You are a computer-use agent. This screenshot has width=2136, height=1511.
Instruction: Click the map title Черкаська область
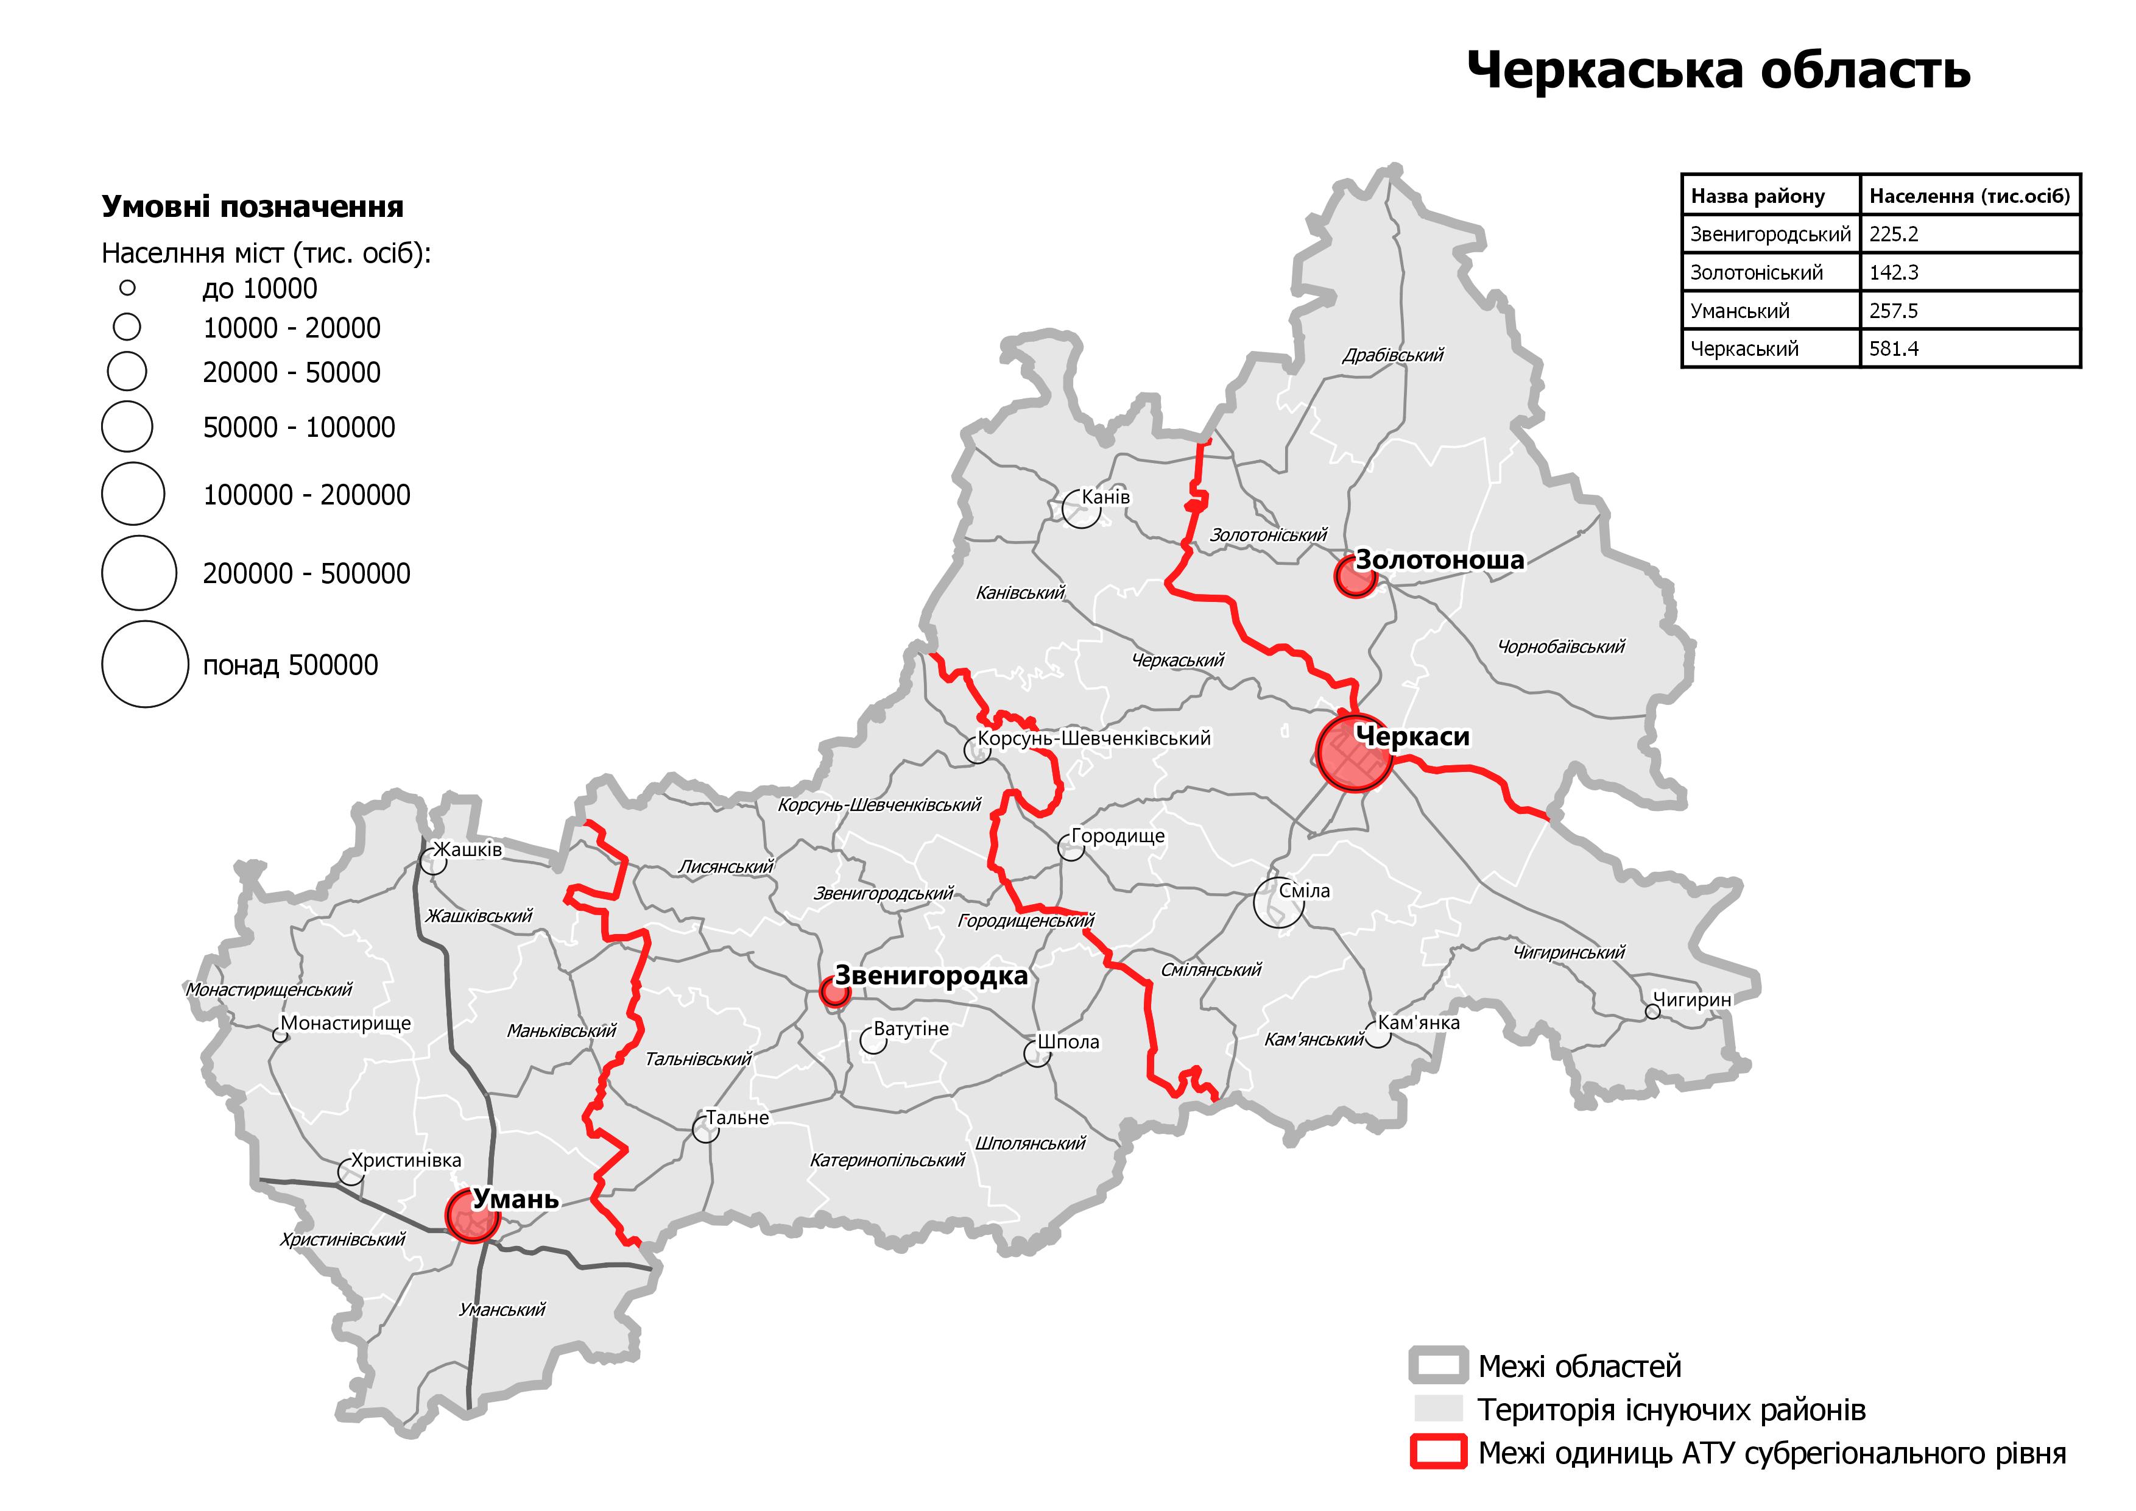[x=1718, y=70]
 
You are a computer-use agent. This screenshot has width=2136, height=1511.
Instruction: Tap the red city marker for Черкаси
[x=1355, y=752]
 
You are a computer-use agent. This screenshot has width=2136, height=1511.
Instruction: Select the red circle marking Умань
[x=473, y=1214]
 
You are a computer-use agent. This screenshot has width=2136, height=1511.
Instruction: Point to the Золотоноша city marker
[x=1355, y=576]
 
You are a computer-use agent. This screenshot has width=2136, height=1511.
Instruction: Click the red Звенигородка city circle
[x=834, y=993]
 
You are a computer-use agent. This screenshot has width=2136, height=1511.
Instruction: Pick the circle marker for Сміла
[x=1278, y=902]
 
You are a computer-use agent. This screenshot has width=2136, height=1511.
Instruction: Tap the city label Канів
[x=1105, y=497]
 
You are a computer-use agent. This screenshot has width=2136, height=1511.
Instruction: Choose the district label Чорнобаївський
[x=1560, y=646]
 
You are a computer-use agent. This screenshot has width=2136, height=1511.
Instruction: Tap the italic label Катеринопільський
[x=887, y=1160]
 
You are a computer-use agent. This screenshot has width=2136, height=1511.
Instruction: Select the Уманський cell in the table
[x=1739, y=311]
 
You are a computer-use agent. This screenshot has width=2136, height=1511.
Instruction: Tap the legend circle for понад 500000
[x=145, y=664]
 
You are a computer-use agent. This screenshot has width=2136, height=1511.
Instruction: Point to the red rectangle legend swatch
[x=1438, y=1453]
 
